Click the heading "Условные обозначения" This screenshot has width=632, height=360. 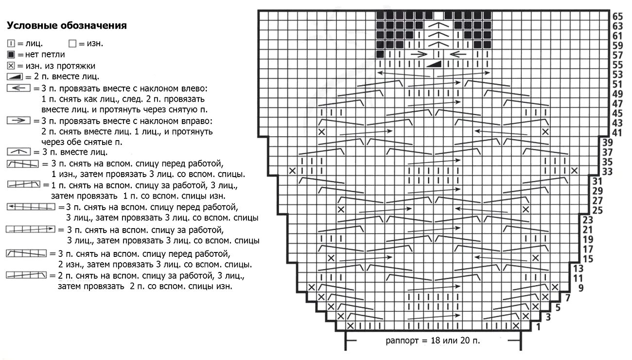click(67, 25)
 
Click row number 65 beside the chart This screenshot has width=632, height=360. click(618, 16)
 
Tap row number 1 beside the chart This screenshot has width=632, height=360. click(538, 327)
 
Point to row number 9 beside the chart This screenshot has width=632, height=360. click(580, 288)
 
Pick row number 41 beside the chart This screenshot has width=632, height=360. click(618, 132)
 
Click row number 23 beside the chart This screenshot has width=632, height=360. click(587, 220)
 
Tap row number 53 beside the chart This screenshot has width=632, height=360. click(618, 74)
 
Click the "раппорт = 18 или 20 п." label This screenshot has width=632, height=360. click(433, 340)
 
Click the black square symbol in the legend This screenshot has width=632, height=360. click(11, 54)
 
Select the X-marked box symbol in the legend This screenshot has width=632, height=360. click(11, 65)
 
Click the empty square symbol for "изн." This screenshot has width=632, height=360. click(73, 43)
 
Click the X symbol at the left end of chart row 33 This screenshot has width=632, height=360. click(292, 171)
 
